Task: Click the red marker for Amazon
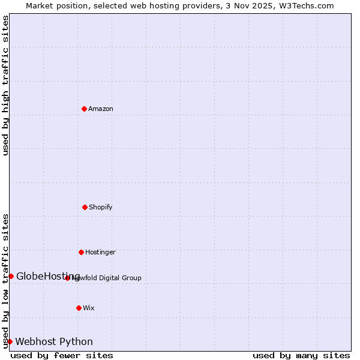pos(84,109)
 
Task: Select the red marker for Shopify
pos(85,207)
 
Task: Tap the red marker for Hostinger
pos(81,252)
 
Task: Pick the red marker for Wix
pos(79,308)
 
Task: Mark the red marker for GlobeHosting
pos(11,276)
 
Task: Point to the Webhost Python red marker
pos(10,341)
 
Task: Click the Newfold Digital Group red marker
pos(67,278)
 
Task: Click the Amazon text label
pos(101,109)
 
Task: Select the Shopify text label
pos(101,207)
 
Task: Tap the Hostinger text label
pos(100,252)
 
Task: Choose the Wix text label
pos(89,308)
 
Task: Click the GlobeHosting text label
pos(48,276)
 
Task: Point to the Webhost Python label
pos(54,341)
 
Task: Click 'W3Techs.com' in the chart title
pos(305,5)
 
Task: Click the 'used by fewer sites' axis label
pos(62,355)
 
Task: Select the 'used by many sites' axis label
pos(301,355)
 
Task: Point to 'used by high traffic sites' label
pos(5,85)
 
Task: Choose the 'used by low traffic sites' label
pos(5,280)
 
